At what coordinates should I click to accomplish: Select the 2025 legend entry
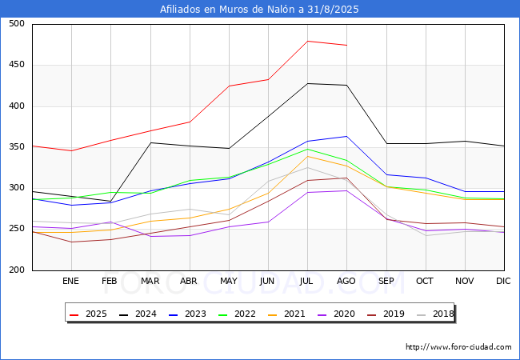click(88, 314)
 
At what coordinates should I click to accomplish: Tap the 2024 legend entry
click(138, 314)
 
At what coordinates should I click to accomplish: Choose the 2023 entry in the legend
click(187, 314)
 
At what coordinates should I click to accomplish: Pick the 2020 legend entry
click(336, 314)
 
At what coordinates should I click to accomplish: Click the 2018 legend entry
click(435, 314)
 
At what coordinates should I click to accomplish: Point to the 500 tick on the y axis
click(17, 23)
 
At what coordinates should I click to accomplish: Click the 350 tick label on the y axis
click(17, 147)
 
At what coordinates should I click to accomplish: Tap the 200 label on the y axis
click(17, 270)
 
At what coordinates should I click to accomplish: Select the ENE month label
click(70, 281)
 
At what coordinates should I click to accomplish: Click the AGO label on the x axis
click(346, 281)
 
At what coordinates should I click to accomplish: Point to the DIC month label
click(503, 281)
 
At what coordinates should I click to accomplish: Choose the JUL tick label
click(306, 281)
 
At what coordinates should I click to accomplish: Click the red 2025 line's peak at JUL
click(308, 41)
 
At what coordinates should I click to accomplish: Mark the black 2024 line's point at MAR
click(151, 143)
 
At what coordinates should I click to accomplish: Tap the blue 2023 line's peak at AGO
click(347, 136)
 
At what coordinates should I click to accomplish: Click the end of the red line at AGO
click(347, 45)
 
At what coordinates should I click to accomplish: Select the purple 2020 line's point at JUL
click(308, 192)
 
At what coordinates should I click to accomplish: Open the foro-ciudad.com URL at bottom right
click(458, 347)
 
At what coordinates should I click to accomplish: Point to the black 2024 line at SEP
click(386, 143)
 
